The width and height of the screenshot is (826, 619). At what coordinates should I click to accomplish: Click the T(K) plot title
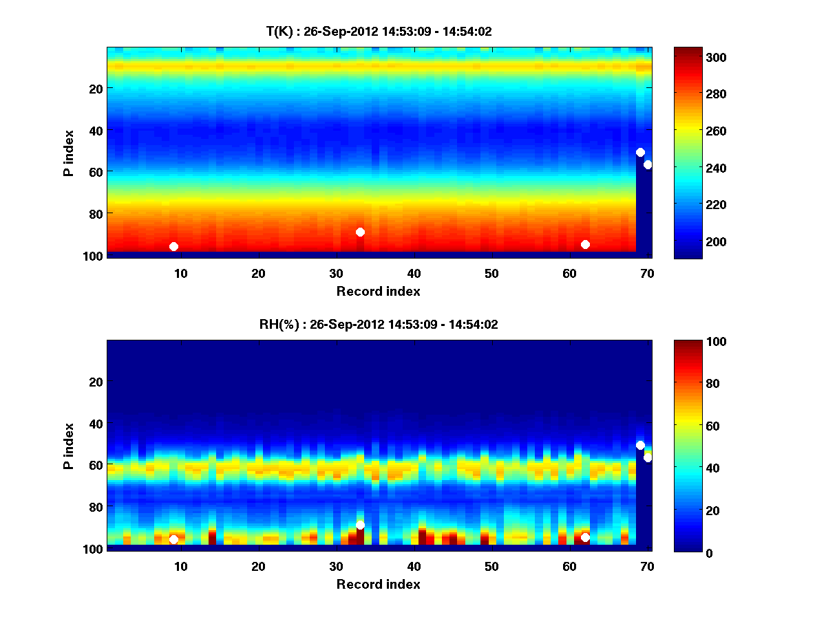pos(379,31)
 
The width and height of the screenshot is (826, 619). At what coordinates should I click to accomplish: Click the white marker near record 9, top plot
pos(173,246)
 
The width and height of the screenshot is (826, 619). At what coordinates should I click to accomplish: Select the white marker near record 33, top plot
pos(360,232)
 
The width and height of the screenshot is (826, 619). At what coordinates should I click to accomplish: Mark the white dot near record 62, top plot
pos(585,244)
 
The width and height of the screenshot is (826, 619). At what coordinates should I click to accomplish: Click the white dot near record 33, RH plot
pos(360,525)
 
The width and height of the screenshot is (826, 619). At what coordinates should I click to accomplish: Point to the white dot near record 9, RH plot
pos(173,540)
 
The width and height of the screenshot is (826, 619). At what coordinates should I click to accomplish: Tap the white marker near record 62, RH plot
pos(585,537)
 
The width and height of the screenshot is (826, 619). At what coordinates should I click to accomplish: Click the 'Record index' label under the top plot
pos(379,291)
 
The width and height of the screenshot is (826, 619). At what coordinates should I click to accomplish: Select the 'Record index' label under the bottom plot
pos(379,584)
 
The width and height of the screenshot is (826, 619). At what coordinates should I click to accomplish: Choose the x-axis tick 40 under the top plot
pos(414,273)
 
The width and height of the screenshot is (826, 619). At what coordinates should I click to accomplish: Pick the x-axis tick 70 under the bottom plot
pos(647,566)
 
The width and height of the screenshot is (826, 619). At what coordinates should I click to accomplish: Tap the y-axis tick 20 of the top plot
pos(95,88)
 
